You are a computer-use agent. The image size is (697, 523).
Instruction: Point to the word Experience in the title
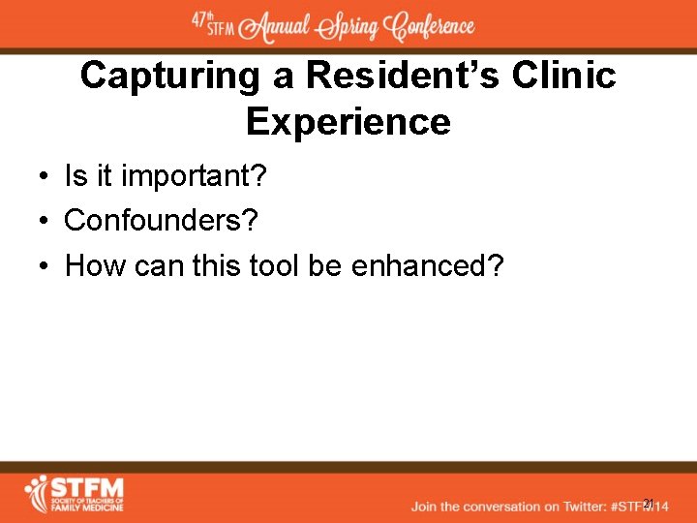point(348,122)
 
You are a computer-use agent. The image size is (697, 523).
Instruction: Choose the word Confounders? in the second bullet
point(161,221)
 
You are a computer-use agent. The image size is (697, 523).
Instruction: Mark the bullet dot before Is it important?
point(45,177)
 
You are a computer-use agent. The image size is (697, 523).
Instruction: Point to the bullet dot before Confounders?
point(45,222)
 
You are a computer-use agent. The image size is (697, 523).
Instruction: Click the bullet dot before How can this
point(45,266)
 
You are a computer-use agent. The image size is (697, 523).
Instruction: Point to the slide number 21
point(649,503)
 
